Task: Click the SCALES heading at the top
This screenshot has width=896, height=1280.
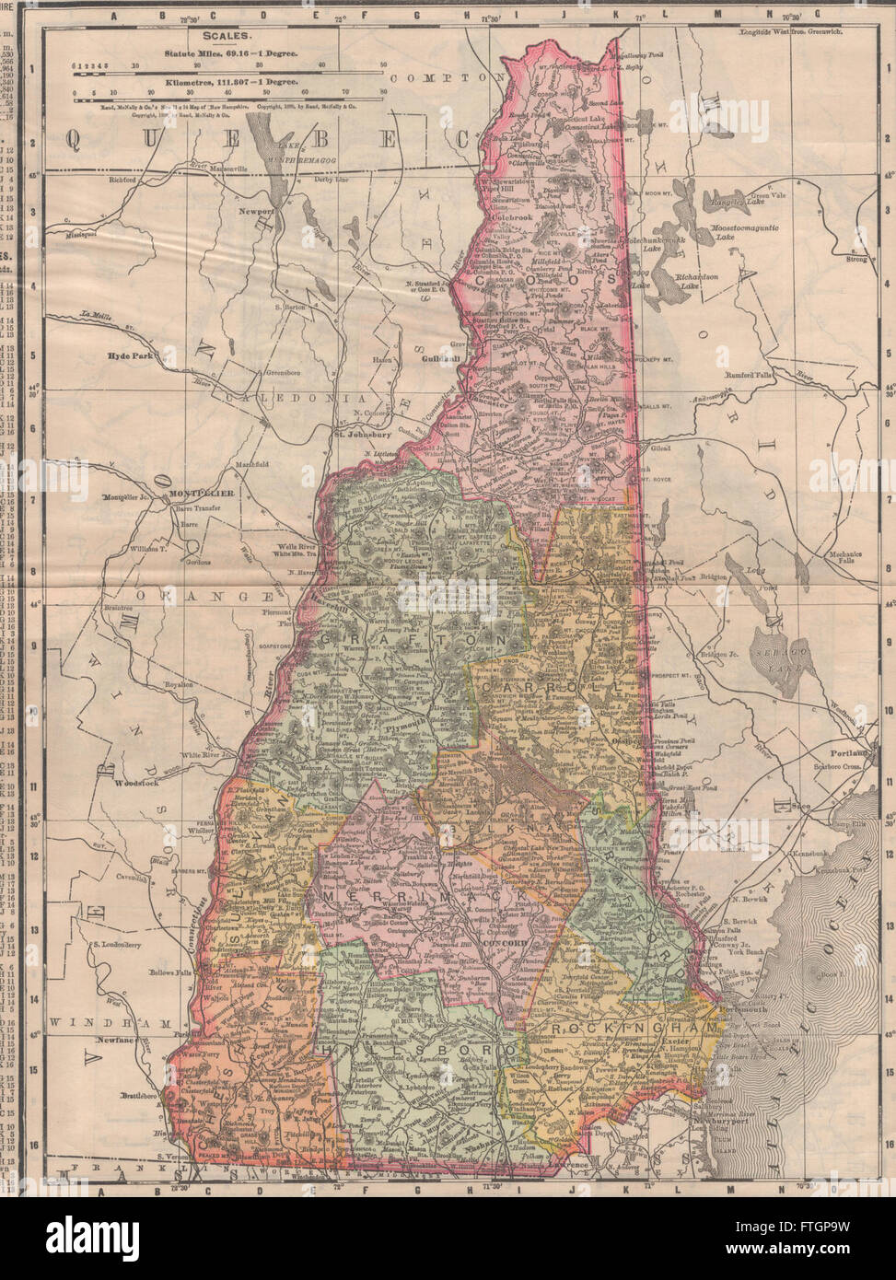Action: (x=230, y=35)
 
